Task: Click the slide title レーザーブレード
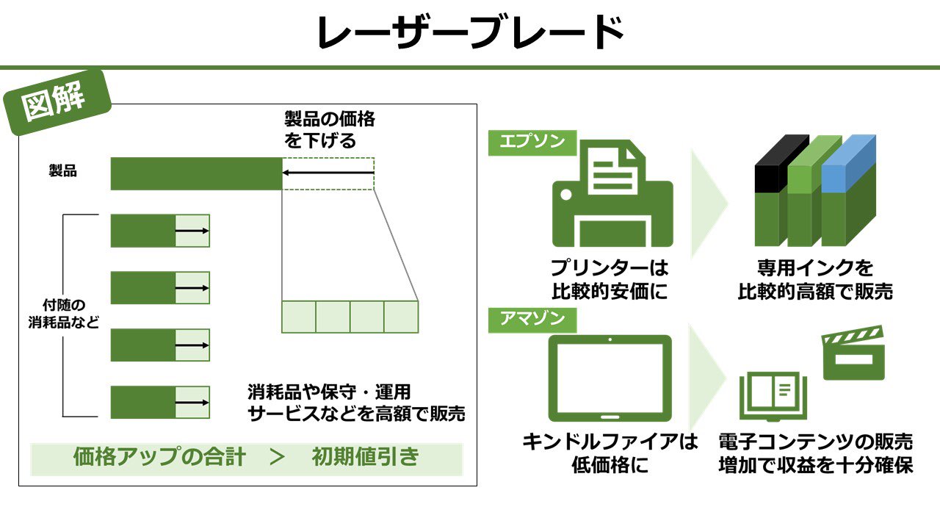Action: [470, 32]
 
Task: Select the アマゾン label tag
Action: [532, 320]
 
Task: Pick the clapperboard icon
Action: [853, 355]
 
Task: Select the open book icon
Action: [772, 395]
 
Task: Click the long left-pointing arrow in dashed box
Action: [328, 173]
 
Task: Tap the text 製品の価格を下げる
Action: [329, 129]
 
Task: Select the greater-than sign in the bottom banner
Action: [277, 458]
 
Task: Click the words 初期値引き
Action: [365, 458]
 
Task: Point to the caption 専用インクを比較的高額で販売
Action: [815, 280]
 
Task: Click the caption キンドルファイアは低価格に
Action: [610, 453]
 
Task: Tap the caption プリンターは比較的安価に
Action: [610, 280]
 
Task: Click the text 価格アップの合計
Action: [159, 458]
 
